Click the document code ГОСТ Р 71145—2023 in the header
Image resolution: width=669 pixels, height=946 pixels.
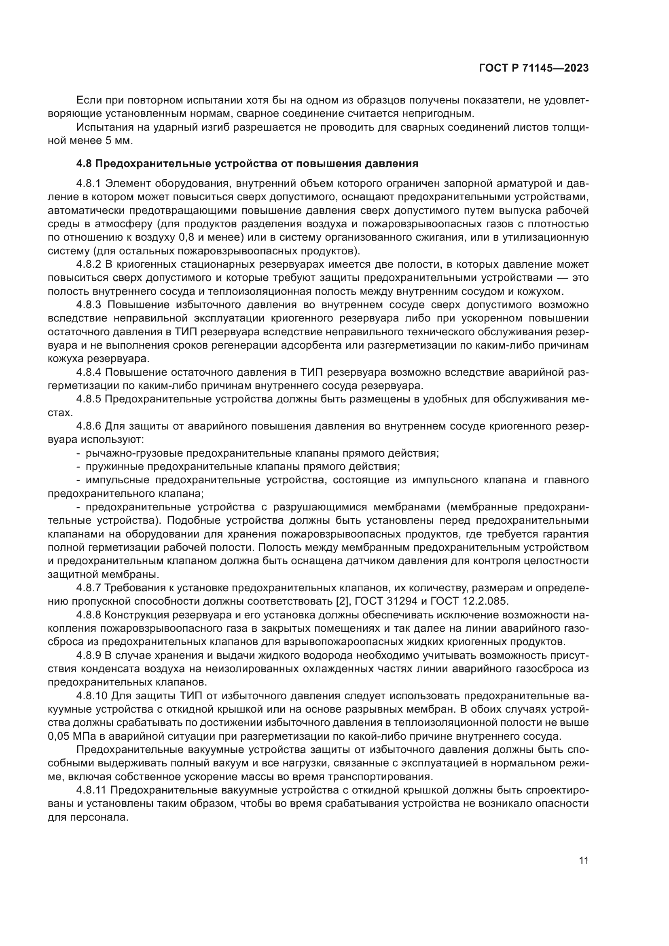click(x=534, y=68)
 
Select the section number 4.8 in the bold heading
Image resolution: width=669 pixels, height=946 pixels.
click(x=84, y=163)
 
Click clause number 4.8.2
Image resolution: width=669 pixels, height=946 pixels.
click(x=89, y=264)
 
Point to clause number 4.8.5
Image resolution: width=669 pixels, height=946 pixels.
click(x=89, y=399)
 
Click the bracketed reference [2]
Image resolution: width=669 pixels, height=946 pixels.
click(x=342, y=601)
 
